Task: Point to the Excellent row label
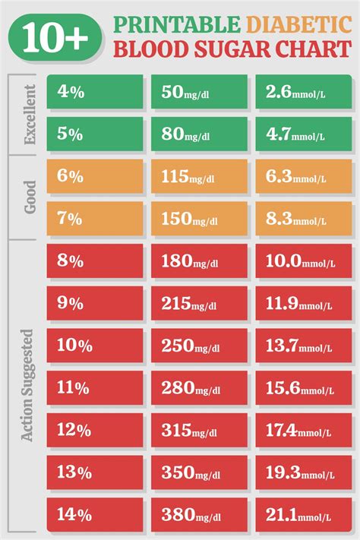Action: point(30,114)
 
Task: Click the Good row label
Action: point(30,197)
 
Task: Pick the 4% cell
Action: point(95,92)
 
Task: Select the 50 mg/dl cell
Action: point(199,92)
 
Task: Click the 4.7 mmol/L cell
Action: point(303,134)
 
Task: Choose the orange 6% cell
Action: point(95,176)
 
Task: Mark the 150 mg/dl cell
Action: point(199,219)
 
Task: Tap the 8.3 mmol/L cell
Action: point(303,219)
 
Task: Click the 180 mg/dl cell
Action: point(199,261)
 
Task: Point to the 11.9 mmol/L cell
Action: point(303,304)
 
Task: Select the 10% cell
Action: point(95,346)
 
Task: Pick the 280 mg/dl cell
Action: point(199,388)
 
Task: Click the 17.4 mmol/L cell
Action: point(303,431)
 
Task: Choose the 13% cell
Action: point(95,472)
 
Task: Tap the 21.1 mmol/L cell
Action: point(303,514)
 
